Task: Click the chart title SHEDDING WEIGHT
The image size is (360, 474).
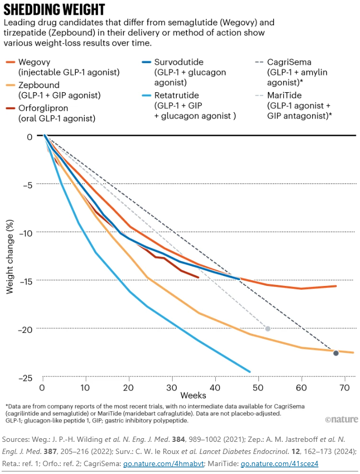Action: click(54, 9)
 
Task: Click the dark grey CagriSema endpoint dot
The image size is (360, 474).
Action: click(336, 353)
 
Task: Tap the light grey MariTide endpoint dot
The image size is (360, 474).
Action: click(267, 329)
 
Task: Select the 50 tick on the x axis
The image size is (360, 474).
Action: click(258, 388)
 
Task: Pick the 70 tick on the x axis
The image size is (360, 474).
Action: click(344, 388)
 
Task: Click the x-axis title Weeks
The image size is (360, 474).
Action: click(193, 395)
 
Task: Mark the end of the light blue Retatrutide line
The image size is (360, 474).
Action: click(249, 372)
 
